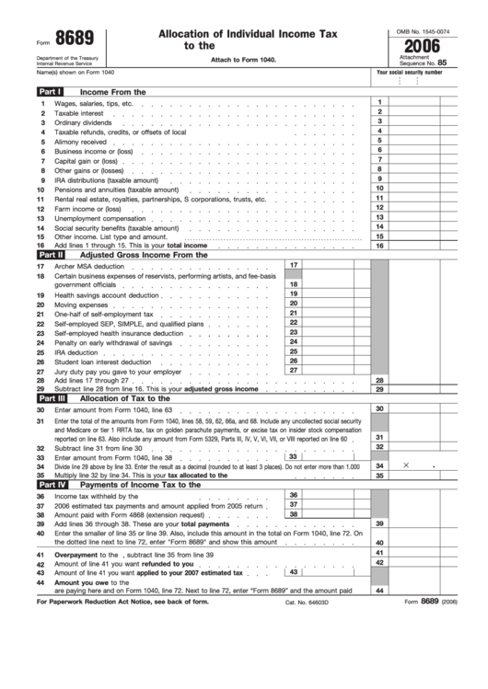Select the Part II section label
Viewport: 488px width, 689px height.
click(x=50, y=255)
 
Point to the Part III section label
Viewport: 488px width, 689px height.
click(x=50, y=398)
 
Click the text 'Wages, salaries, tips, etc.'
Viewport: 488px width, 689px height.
click(x=94, y=104)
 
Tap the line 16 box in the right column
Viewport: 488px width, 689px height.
click(x=378, y=246)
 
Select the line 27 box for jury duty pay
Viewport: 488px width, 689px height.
click(x=293, y=371)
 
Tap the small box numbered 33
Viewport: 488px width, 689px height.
click(x=292, y=456)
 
